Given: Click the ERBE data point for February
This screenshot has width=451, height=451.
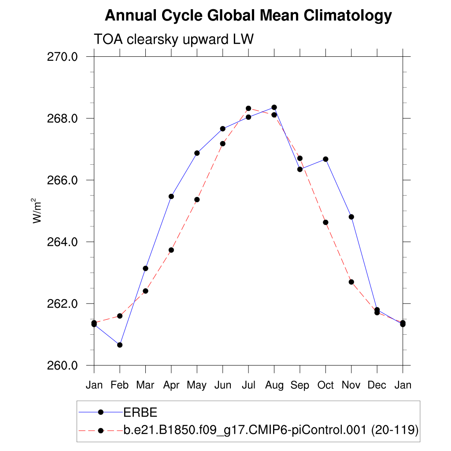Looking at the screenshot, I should pyautogui.click(x=119, y=345).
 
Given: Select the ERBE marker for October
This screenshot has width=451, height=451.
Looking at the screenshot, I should pyautogui.click(x=325, y=159).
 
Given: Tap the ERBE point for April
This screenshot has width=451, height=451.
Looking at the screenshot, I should pyautogui.click(x=171, y=196).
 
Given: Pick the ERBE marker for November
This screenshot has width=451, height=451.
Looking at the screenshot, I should pyautogui.click(x=351, y=217).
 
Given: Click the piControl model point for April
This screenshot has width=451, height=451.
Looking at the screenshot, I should pyautogui.click(x=171, y=250).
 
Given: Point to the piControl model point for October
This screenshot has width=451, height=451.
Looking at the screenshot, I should pyautogui.click(x=325, y=222).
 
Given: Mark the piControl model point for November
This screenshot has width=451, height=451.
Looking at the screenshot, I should pyautogui.click(x=351, y=282).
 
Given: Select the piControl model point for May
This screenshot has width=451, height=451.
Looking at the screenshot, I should pyautogui.click(x=197, y=200).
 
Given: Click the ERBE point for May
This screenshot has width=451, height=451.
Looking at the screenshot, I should pyautogui.click(x=197, y=153).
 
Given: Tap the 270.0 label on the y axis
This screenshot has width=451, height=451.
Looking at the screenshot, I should pyautogui.click(x=63, y=57).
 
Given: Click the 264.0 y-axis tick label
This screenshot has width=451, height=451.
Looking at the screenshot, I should pyautogui.click(x=63, y=242).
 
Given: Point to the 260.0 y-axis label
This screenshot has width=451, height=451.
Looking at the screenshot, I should pyautogui.click(x=63, y=366).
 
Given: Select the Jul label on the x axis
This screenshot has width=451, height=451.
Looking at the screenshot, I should pyautogui.click(x=248, y=385).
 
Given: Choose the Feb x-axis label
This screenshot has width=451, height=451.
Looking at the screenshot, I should pyautogui.click(x=119, y=385).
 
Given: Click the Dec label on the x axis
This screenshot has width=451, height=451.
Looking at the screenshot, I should pyautogui.click(x=377, y=385).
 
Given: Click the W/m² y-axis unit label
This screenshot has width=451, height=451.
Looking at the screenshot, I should pyautogui.click(x=37, y=211).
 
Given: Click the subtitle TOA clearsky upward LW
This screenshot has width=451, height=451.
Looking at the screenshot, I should pyautogui.click(x=174, y=40).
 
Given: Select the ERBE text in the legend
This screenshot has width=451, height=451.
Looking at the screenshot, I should pyautogui.click(x=140, y=412).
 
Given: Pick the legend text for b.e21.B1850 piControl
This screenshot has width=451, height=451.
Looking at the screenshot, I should pyautogui.click(x=270, y=430).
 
